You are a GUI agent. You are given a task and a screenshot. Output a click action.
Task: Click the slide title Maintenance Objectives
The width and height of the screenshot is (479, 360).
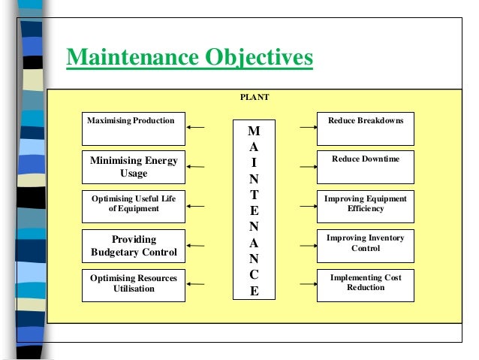coord(189,58)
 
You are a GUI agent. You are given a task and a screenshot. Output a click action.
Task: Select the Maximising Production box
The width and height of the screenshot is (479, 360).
coord(133,128)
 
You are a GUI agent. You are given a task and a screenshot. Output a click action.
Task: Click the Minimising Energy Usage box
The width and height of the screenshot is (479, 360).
coord(133,167)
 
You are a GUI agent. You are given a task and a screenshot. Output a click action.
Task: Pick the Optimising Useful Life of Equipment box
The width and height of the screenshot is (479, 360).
coord(133,204)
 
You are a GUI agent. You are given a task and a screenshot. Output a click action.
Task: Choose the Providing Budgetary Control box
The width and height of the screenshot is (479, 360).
coord(133,245)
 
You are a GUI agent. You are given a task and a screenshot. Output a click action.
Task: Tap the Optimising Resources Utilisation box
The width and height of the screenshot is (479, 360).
coord(133,284)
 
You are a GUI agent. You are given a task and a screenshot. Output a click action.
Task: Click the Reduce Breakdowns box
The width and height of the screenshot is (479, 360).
coord(365,128)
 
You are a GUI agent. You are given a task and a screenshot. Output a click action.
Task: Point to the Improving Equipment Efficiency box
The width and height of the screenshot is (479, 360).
coord(365,204)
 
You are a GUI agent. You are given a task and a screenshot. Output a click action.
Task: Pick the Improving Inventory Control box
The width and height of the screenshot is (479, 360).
coord(365,244)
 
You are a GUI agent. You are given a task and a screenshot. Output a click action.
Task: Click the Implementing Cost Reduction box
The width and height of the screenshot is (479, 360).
coord(365,283)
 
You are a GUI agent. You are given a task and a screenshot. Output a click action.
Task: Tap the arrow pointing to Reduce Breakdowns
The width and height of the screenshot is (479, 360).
coord(307,127)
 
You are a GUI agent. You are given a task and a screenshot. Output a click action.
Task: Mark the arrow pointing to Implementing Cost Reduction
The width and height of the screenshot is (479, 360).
coord(307,284)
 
